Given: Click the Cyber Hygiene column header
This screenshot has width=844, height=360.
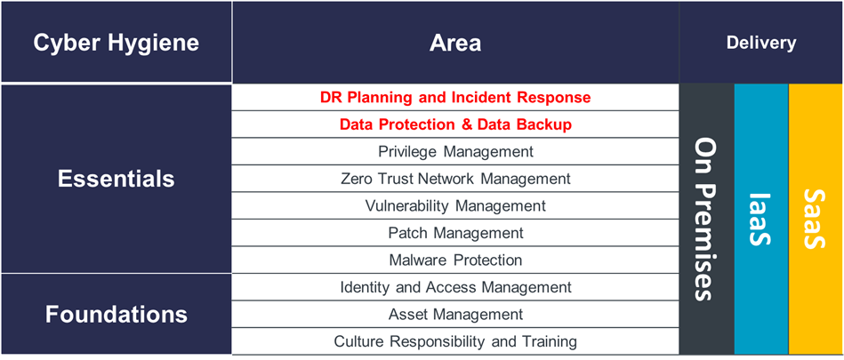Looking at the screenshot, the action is click(117, 43).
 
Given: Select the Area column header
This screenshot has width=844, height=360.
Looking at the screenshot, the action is click(455, 43).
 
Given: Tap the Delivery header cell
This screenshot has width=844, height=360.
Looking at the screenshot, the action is click(761, 43).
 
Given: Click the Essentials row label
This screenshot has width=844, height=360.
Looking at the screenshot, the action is click(117, 179).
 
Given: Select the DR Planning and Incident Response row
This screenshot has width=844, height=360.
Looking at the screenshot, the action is click(455, 98).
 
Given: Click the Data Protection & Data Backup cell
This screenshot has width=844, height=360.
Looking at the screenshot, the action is click(455, 124).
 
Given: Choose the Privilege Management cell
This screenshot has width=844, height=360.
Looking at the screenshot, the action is click(455, 152).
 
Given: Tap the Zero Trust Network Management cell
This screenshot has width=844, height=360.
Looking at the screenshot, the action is click(455, 179).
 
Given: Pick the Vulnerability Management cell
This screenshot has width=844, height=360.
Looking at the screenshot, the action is click(455, 205).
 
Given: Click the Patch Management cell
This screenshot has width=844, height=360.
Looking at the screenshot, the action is click(455, 233).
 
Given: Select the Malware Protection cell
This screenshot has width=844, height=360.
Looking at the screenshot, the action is click(455, 260).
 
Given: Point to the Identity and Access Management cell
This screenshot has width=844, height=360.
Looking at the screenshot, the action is click(455, 287).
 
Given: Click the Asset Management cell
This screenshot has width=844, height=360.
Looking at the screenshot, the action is click(455, 314).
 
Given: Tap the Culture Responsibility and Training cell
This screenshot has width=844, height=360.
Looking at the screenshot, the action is click(455, 341).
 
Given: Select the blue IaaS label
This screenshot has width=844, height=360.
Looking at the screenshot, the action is click(760, 219).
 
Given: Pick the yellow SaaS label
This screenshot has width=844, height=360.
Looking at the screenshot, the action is click(814, 219).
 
